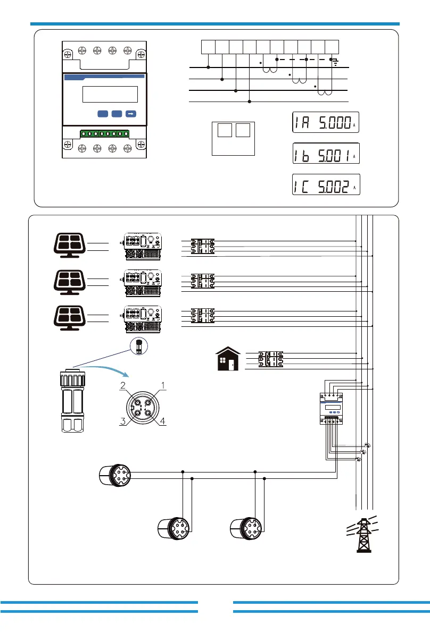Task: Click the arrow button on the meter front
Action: pyautogui.click(x=131, y=114)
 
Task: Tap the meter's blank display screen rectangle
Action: pyautogui.click(x=110, y=94)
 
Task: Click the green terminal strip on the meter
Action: pyautogui.click(x=105, y=133)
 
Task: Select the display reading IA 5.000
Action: pyautogui.click(x=326, y=122)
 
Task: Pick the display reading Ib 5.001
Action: pyautogui.click(x=326, y=154)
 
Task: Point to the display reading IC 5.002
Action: pyautogui.click(x=326, y=184)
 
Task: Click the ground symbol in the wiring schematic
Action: pyautogui.click(x=335, y=63)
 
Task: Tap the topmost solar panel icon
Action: pyautogui.click(x=70, y=245)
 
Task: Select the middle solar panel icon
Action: pyautogui.click(x=70, y=282)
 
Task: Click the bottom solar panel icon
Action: pyautogui.click(x=70, y=318)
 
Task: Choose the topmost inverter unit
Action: pyautogui.click(x=142, y=246)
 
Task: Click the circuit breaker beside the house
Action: pyautogui.click(x=271, y=359)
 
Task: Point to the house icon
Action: pyautogui.click(x=228, y=358)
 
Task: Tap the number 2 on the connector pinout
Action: pyautogui.click(x=123, y=385)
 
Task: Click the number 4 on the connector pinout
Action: pyautogui.click(x=162, y=421)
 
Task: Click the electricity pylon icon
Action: pyautogui.click(x=363, y=535)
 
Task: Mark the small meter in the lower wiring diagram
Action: pyautogui.click(x=332, y=408)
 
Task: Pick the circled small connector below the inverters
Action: pyautogui.click(x=139, y=347)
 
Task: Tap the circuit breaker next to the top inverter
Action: pyautogui.click(x=202, y=246)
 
